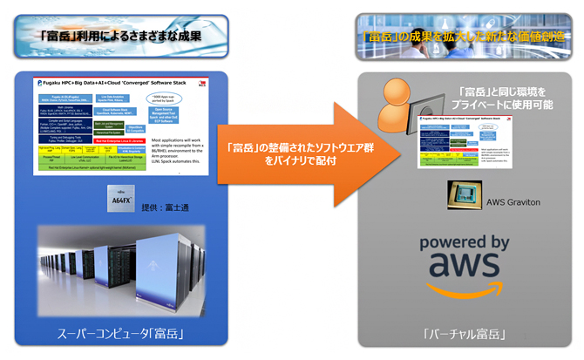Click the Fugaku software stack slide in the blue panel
pos(122,127)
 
